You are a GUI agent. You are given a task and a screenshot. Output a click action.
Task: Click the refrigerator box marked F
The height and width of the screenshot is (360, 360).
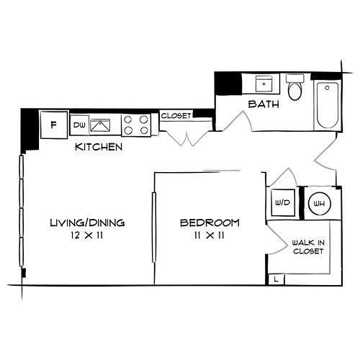point(53,124)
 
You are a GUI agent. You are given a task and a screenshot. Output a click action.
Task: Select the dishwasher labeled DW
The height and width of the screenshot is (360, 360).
point(79,125)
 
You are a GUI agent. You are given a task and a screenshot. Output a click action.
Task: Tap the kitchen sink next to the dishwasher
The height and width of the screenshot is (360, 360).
point(99,125)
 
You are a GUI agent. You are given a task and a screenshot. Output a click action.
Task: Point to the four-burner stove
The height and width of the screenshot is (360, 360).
point(136,125)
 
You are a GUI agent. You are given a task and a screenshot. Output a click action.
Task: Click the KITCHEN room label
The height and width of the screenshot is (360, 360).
point(99,147)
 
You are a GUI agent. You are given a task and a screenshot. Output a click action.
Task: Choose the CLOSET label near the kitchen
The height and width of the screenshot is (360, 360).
point(175,115)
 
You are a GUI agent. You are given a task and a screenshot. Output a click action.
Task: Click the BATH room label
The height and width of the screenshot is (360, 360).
point(262,105)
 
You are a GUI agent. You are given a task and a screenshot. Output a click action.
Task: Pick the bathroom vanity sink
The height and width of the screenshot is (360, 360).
point(264,84)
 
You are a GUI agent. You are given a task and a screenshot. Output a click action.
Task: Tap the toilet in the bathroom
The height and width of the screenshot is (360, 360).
point(294,89)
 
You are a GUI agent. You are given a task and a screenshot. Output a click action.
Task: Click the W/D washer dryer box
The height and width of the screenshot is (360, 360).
point(280,203)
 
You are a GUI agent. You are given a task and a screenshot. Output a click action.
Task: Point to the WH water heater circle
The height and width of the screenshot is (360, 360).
point(318,203)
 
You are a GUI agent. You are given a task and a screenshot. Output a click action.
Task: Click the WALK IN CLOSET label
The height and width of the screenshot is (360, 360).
point(307,248)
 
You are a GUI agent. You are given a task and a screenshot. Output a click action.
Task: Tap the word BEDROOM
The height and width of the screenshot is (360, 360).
point(210,223)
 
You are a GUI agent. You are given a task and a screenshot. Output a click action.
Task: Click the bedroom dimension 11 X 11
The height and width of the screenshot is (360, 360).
point(210,235)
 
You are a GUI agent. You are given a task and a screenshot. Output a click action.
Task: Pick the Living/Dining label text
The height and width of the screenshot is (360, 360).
point(87,223)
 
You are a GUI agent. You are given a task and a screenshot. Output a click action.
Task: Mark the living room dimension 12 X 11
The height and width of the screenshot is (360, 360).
point(87,235)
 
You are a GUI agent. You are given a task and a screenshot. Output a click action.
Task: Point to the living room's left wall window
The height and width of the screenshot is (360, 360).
point(22,216)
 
